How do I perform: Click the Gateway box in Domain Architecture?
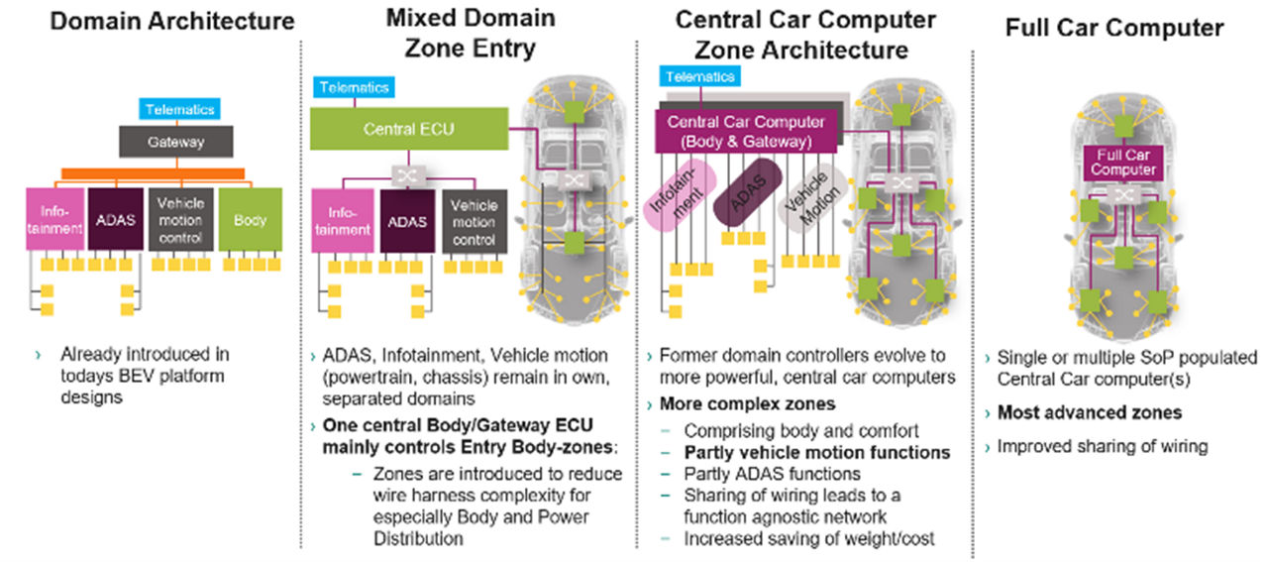tap(176, 142)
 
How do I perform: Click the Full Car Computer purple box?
tap(1122, 163)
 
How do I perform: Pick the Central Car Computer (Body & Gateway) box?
tap(747, 131)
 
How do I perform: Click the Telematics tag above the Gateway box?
tap(179, 110)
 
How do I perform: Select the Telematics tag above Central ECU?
tap(354, 87)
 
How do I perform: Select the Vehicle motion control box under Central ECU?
tap(474, 221)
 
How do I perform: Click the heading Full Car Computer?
tap(1114, 28)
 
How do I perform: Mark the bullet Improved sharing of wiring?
tap(1103, 446)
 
